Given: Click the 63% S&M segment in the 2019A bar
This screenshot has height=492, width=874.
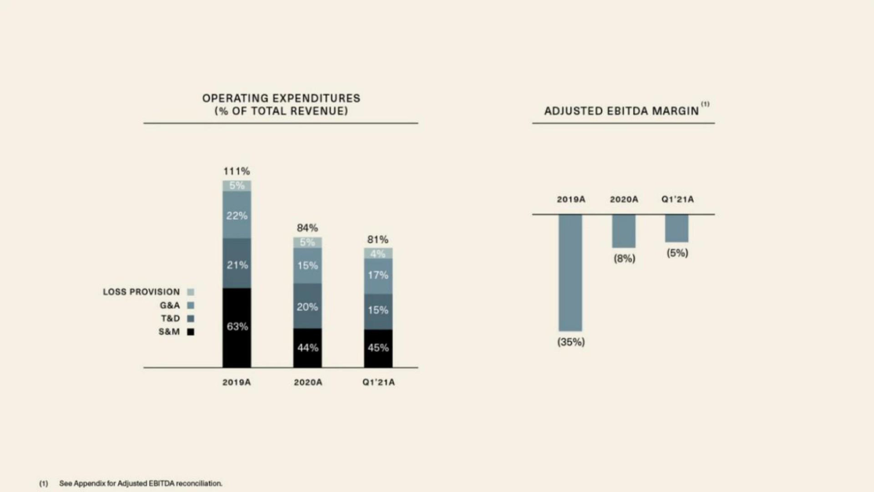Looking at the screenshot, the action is tap(237, 328).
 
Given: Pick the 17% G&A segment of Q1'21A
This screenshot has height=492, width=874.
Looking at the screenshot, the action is tap(378, 276).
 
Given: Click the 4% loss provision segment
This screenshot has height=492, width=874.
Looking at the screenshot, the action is tap(378, 253).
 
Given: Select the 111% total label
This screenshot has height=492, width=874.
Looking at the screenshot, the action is tap(237, 171).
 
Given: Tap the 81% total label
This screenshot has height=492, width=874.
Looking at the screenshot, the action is tap(378, 240).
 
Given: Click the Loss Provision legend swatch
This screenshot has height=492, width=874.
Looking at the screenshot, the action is tap(191, 292).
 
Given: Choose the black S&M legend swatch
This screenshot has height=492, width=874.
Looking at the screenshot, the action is tap(191, 332).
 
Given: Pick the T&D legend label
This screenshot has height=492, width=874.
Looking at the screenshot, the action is tap(170, 318).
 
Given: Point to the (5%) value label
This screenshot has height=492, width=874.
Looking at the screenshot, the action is tap(677, 253).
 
